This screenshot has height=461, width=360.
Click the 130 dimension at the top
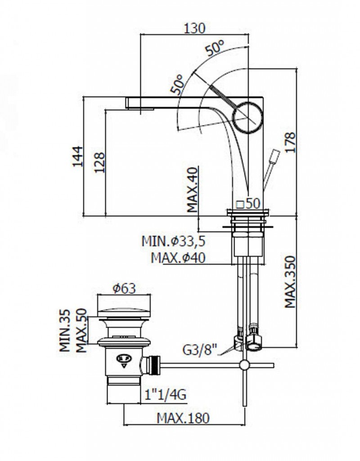(x=194, y=28)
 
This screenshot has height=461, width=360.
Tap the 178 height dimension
(x=290, y=142)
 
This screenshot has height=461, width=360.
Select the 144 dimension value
(x=78, y=156)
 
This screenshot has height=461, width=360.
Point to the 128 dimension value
(x=99, y=162)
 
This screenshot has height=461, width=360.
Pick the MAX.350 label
(x=290, y=282)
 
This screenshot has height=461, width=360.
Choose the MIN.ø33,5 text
(x=173, y=241)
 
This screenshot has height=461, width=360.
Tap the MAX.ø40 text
(x=178, y=258)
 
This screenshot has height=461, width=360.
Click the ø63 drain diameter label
(x=124, y=289)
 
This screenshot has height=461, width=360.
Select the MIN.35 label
(x=65, y=330)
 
